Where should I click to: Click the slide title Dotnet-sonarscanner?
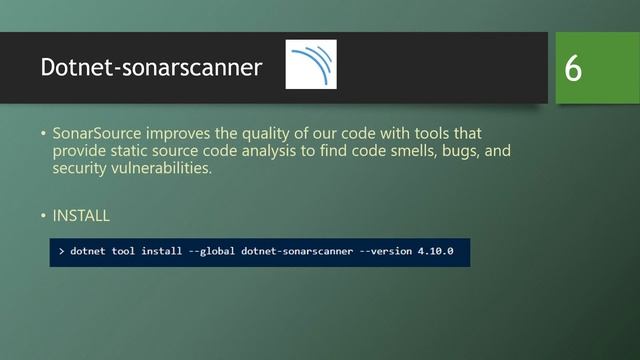pyautogui.click(x=151, y=67)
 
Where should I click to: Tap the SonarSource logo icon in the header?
pyautogui.click(x=311, y=65)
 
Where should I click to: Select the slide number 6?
pyautogui.click(x=573, y=68)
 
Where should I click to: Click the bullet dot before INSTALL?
pyautogui.click(x=43, y=215)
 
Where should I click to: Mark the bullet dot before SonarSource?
pyautogui.click(x=43, y=133)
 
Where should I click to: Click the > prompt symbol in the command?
pyautogui.click(x=60, y=251)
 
